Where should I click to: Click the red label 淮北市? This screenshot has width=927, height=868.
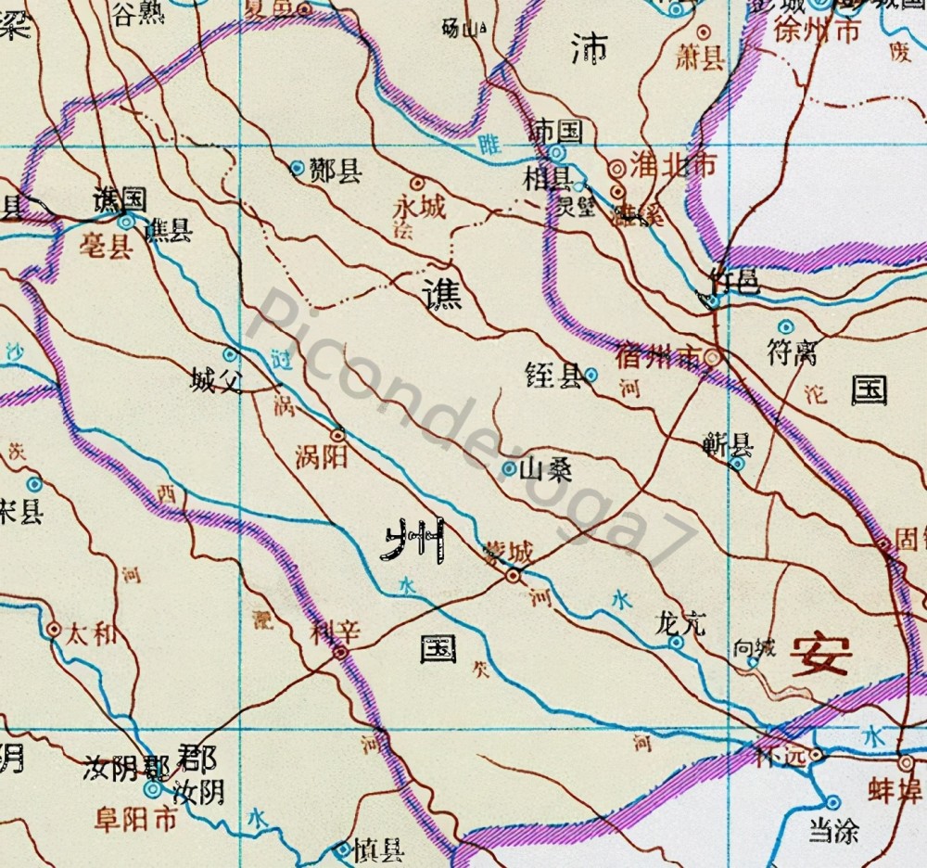click(x=673, y=165)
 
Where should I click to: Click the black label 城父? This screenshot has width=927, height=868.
click(x=215, y=379)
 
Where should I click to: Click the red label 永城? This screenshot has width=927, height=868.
click(x=419, y=206)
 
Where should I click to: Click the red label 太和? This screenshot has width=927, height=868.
click(x=93, y=634)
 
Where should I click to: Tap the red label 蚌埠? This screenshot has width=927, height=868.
click(x=895, y=795)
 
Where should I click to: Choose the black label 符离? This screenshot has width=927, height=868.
click(x=794, y=351)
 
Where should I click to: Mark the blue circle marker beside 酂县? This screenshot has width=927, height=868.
click(x=297, y=169)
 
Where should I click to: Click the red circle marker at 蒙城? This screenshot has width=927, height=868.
click(x=512, y=577)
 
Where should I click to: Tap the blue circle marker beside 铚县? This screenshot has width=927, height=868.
click(x=591, y=376)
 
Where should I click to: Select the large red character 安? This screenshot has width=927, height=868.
click(x=820, y=656)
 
